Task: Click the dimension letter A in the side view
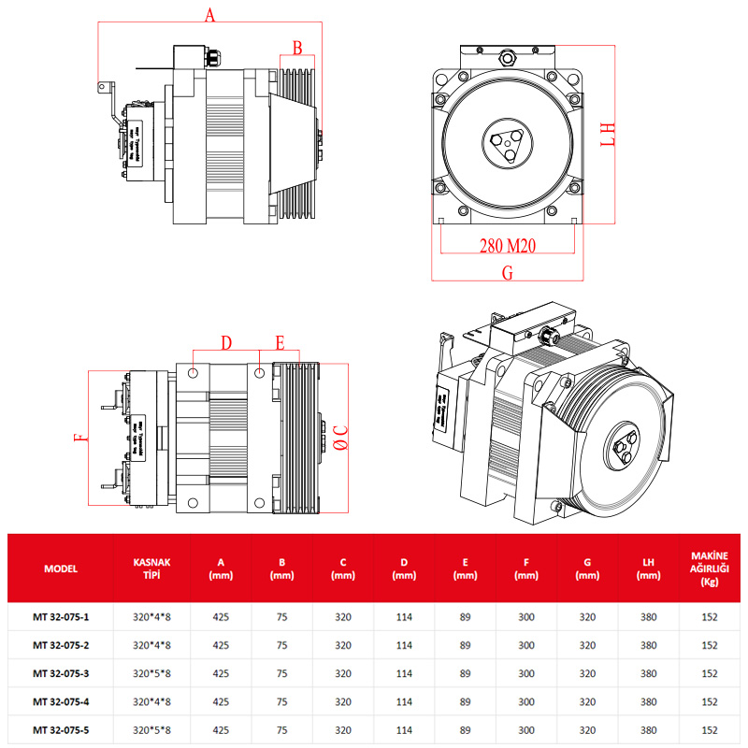209,15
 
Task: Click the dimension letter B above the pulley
297,48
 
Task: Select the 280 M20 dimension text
507,247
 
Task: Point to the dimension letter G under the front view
508,273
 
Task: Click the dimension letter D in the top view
225,343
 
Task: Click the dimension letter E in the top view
279,342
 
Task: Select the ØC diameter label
341,437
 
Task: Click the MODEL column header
61,568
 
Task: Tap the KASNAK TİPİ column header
151,568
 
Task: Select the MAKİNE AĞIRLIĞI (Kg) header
709,568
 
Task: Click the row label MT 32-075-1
61,617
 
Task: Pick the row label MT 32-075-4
61,701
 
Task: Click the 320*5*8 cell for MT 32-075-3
151,673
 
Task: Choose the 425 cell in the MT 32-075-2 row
222,645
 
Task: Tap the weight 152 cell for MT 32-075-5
709,729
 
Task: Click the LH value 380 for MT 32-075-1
648,617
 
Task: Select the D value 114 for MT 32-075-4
404,701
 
